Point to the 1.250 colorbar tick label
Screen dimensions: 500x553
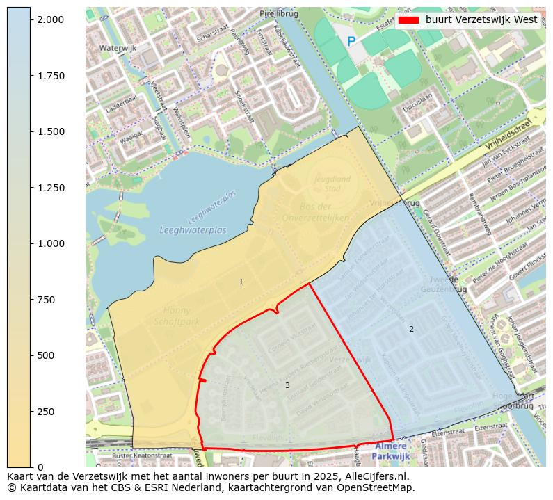(x=50, y=188)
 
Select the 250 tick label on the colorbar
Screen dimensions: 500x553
(x=45, y=412)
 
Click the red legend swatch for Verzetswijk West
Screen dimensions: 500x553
(x=408, y=19)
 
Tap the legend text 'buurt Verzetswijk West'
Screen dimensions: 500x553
(x=481, y=19)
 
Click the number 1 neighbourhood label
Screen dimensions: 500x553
(x=241, y=282)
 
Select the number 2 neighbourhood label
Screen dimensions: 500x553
(x=411, y=329)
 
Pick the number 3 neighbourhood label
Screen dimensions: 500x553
(x=287, y=385)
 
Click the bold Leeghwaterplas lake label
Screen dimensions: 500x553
(x=193, y=230)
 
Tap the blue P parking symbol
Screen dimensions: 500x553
(x=351, y=42)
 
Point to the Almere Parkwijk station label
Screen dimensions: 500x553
(x=390, y=451)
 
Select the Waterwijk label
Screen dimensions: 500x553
(x=118, y=48)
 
